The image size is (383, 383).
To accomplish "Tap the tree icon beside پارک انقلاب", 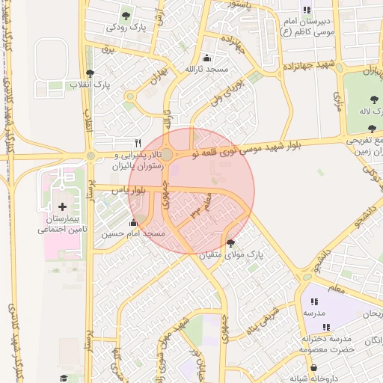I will click(91, 73).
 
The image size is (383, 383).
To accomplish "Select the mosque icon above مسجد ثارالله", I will click(206, 58).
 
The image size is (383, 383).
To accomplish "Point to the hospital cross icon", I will click(62, 206).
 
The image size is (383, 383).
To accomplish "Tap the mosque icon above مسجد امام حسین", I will click(134, 222).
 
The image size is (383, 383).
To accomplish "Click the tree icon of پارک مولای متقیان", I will click(230, 242).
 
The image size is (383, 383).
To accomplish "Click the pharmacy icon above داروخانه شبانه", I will click(313, 367).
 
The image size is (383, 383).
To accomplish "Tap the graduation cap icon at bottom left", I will click(64, 379).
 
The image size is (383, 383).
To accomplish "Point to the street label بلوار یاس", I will click(126, 191).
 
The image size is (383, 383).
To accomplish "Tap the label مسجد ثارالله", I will click(206, 70).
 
